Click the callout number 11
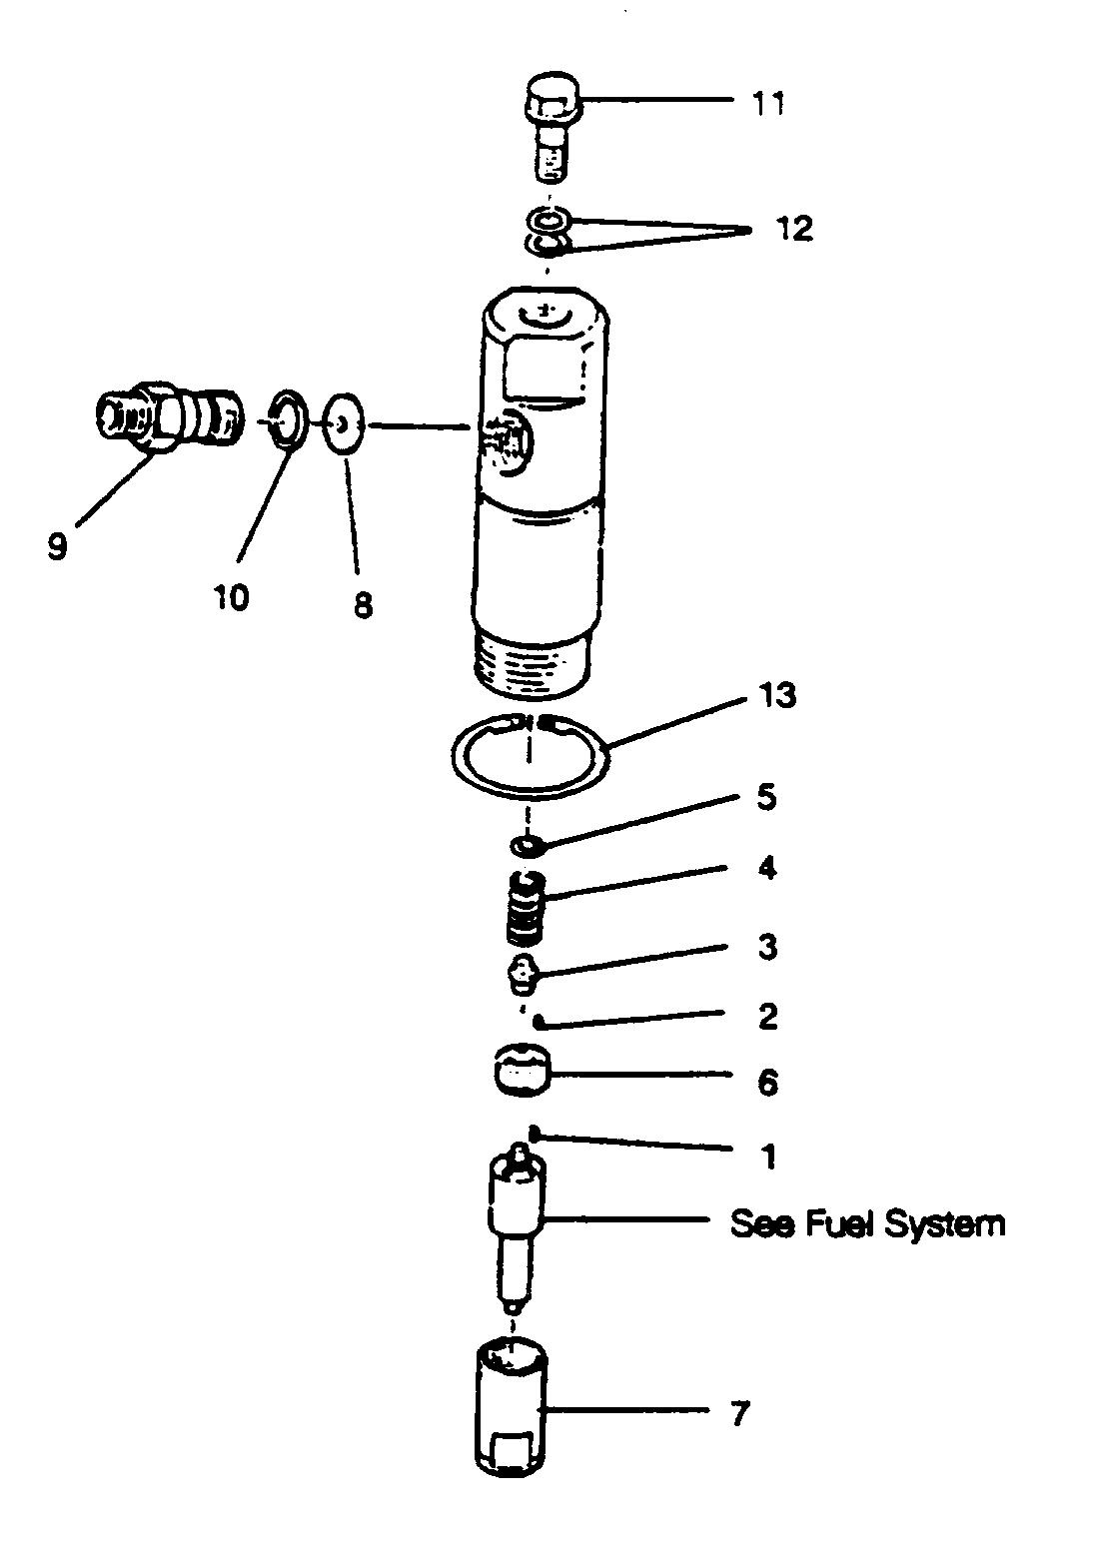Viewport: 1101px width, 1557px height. click(x=767, y=103)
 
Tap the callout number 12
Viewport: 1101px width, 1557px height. click(x=796, y=229)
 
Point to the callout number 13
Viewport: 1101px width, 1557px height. click(x=777, y=694)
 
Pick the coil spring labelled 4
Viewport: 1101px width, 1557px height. click(x=527, y=910)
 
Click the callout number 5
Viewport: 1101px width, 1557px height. click(x=766, y=799)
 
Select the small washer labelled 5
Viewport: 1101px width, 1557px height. click(x=526, y=847)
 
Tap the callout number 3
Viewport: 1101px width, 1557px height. click(x=766, y=946)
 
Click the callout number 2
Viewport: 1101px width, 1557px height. click(x=767, y=1016)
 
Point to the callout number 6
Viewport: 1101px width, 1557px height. click(x=767, y=1082)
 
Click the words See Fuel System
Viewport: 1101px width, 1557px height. click(x=867, y=1223)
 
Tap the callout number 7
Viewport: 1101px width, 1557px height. click(x=738, y=1413)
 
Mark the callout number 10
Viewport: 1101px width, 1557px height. click(x=231, y=597)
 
